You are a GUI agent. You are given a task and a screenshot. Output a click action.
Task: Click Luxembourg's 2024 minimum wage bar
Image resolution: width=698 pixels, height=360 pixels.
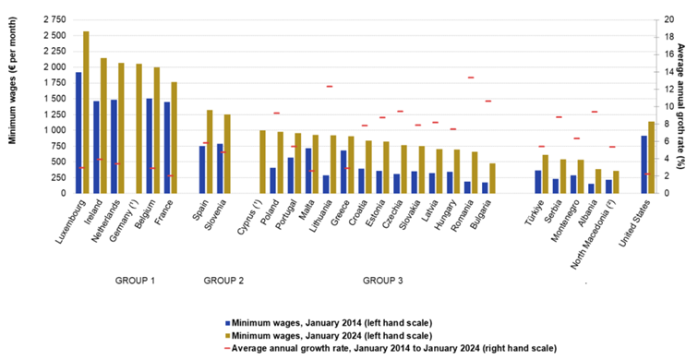pyautogui.click(x=86, y=112)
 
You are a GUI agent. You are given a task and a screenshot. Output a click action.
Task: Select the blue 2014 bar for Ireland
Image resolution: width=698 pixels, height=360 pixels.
pyautogui.click(x=96, y=147)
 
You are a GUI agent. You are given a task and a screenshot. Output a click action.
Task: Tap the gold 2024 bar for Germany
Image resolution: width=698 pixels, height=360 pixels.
pyautogui.click(x=138, y=128)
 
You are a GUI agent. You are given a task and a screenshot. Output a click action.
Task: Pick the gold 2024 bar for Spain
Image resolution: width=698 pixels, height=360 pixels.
pyautogui.click(x=210, y=151)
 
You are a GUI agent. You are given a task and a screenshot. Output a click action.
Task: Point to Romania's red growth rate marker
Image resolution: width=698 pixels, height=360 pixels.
pyautogui.click(x=472, y=78)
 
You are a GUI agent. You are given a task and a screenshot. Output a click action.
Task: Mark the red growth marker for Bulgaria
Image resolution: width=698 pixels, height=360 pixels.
pyautogui.click(x=489, y=101)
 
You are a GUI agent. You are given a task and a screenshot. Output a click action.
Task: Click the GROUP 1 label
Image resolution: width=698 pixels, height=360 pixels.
pyautogui.click(x=135, y=280)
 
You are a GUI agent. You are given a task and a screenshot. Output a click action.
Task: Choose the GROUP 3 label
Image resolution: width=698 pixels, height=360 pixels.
pyautogui.click(x=383, y=280)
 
